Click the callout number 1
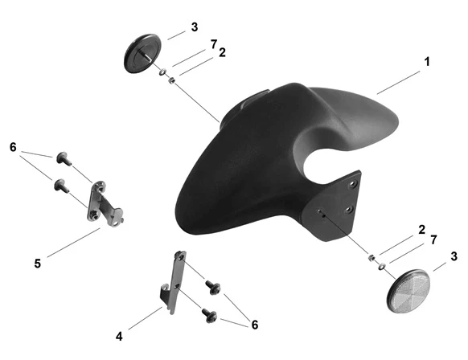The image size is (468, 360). (427, 62)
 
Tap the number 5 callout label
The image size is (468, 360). (37, 264)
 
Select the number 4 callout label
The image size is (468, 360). (119, 337)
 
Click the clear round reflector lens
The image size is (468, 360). (408, 291)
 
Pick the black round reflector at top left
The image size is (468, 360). (142, 54)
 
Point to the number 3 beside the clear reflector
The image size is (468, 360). (454, 256)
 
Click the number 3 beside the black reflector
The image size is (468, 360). (195, 27)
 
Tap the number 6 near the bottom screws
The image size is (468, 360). (255, 325)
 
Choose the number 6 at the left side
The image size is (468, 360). (13, 147)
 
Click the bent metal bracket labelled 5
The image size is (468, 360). (105, 205)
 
